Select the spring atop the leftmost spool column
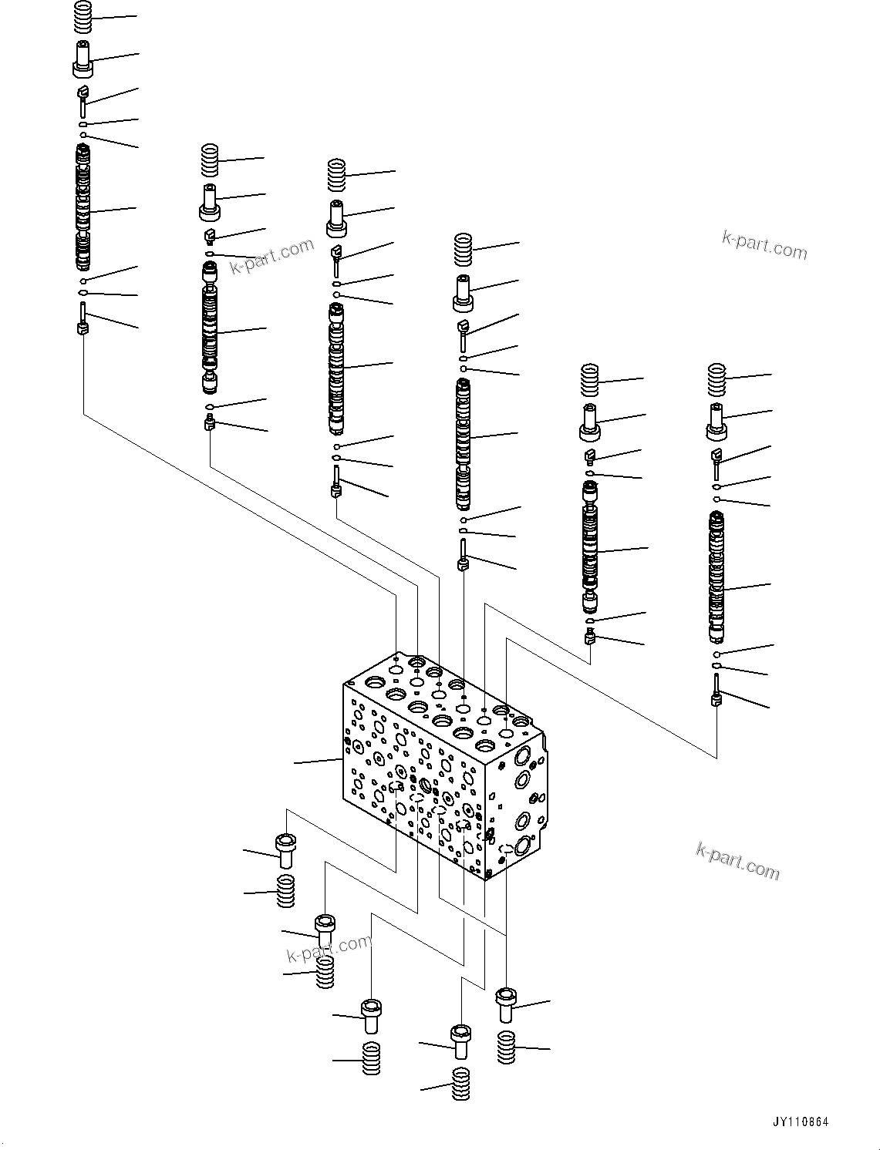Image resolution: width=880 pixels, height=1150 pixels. (83, 17)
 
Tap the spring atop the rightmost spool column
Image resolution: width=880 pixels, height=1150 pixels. (717, 378)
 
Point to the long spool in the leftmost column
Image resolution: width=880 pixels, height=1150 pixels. (83, 207)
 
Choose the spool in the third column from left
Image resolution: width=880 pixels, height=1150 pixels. (336, 368)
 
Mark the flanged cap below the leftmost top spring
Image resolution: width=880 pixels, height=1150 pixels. (83, 59)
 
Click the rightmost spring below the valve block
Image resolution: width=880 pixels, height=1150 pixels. (506, 1047)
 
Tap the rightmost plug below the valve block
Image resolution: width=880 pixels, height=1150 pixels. (506, 1004)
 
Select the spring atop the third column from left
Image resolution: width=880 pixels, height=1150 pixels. (336, 175)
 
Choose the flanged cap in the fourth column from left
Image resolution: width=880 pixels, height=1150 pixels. (463, 292)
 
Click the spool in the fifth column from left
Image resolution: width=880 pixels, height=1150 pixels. (591, 547)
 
